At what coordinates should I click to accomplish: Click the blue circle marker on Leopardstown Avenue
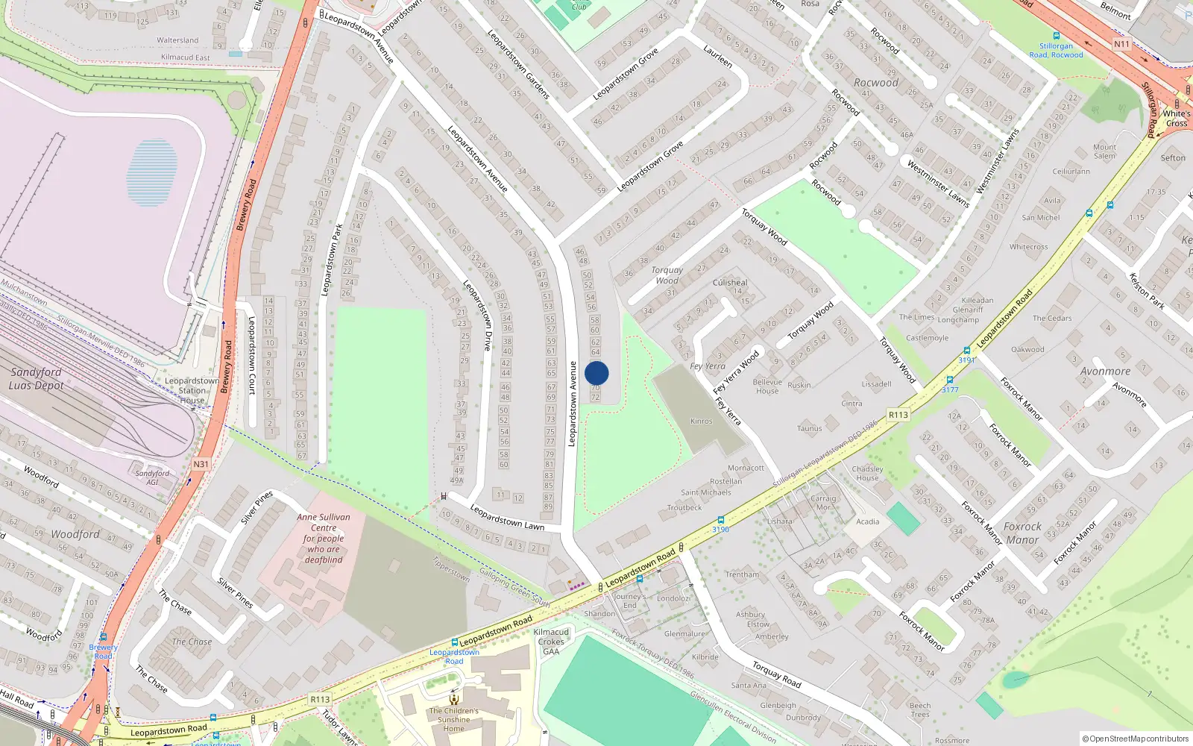(x=596, y=373)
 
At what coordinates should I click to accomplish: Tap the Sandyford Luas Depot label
(x=37, y=378)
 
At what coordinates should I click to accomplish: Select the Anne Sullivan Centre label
(x=324, y=538)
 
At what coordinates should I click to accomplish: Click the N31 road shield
(x=201, y=464)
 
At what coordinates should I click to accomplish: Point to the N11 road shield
(x=1121, y=44)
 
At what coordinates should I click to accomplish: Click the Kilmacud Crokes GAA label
(x=551, y=642)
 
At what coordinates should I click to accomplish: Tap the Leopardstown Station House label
(x=192, y=390)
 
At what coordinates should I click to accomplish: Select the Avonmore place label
(x=1105, y=371)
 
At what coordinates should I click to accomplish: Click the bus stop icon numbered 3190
(x=721, y=520)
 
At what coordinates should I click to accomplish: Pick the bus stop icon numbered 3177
(x=950, y=380)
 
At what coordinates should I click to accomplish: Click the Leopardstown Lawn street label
(x=507, y=517)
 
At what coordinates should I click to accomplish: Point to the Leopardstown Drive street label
(x=478, y=315)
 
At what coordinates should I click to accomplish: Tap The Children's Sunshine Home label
(x=453, y=720)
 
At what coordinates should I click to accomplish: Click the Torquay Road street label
(x=776, y=674)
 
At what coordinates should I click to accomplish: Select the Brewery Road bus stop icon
(x=104, y=639)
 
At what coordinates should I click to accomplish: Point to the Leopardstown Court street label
(x=252, y=356)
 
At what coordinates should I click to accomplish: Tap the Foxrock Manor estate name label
(x=1022, y=533)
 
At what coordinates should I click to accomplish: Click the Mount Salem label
(x=1105, y=151)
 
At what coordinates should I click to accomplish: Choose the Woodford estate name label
(x=75, y=534)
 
